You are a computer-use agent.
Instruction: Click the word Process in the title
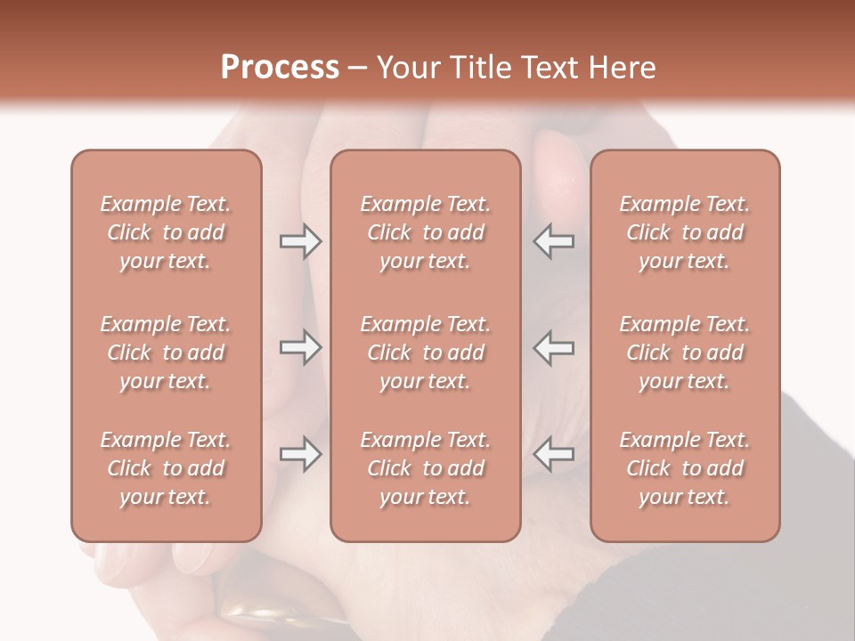[x=280, y=68]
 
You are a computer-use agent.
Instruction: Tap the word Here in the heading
[x=621, y=68]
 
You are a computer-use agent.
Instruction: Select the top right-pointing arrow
[x=300, y=241]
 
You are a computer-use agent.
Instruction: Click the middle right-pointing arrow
[x=300, y=347]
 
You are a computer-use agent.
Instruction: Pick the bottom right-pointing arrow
[x=300, y=454]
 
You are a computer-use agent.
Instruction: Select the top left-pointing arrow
[x=554, y=241]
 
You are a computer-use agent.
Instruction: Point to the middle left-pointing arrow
[x=554, y=347]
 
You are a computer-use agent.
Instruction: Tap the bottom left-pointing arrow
[x=554, y=454]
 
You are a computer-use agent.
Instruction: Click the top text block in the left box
[x=166, y=232]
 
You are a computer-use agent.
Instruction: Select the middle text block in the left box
[x=166, y=353]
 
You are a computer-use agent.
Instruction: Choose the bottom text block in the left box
[x=166, y=468]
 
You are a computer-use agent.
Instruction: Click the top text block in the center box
[x=425, y=232]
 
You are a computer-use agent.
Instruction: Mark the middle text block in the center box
[x=425, y=353]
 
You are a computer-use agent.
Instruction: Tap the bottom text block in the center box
[x=425, y=468]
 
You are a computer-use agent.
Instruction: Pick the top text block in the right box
[x=684, y=232]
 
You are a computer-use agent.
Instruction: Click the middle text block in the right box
[x=684, y=353]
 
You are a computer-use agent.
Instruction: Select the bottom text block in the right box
[x=684, y=468]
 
